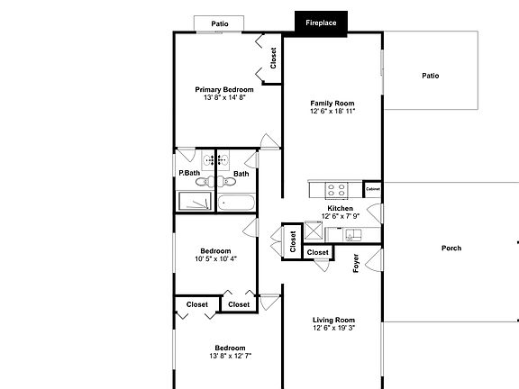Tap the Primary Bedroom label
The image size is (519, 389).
click(224, 89)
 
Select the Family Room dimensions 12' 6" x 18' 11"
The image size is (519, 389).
click(332, 112)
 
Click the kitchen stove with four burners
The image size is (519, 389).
click(336, 190)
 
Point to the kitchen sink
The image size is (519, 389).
click(352, 235)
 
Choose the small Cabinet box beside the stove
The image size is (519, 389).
click(372, 189)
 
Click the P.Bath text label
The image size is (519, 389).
click(188, 173)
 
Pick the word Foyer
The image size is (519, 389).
click(356, 263)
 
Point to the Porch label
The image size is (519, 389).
click(451, 248)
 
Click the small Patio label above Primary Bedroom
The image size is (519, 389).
click(219, 23)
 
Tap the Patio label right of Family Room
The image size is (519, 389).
click(431, 76)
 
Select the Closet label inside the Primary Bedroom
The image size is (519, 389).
click(273, 58)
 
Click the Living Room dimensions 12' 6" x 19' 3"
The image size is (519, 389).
click(333, 329)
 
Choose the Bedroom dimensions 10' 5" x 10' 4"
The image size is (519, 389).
click(215, 258)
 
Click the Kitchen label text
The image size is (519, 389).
click(341, 208)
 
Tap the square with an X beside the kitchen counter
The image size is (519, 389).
click(314, 231)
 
